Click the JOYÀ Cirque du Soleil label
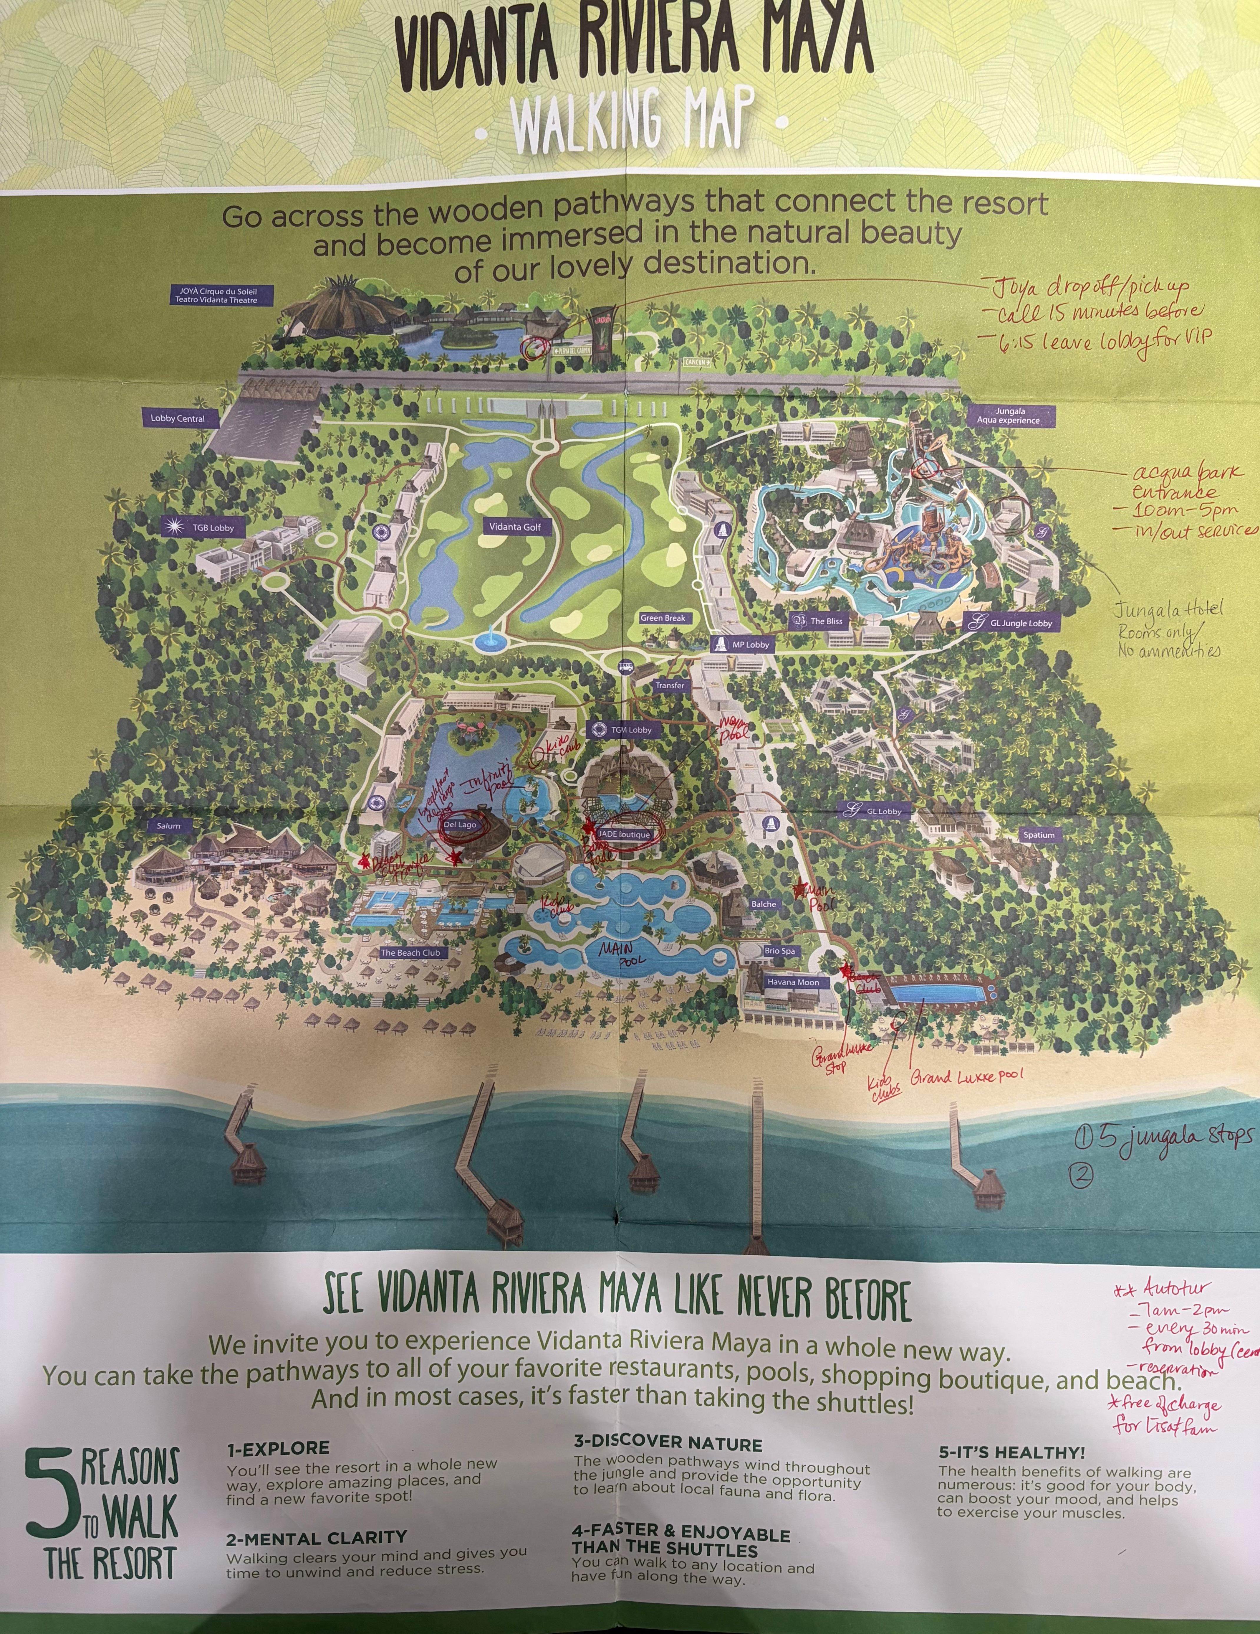(216, 295)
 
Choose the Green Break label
(663, 618)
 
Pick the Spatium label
(1039, 835)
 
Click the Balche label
(764, 904)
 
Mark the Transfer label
(669, 685)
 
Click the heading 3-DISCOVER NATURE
(668, 1443)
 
